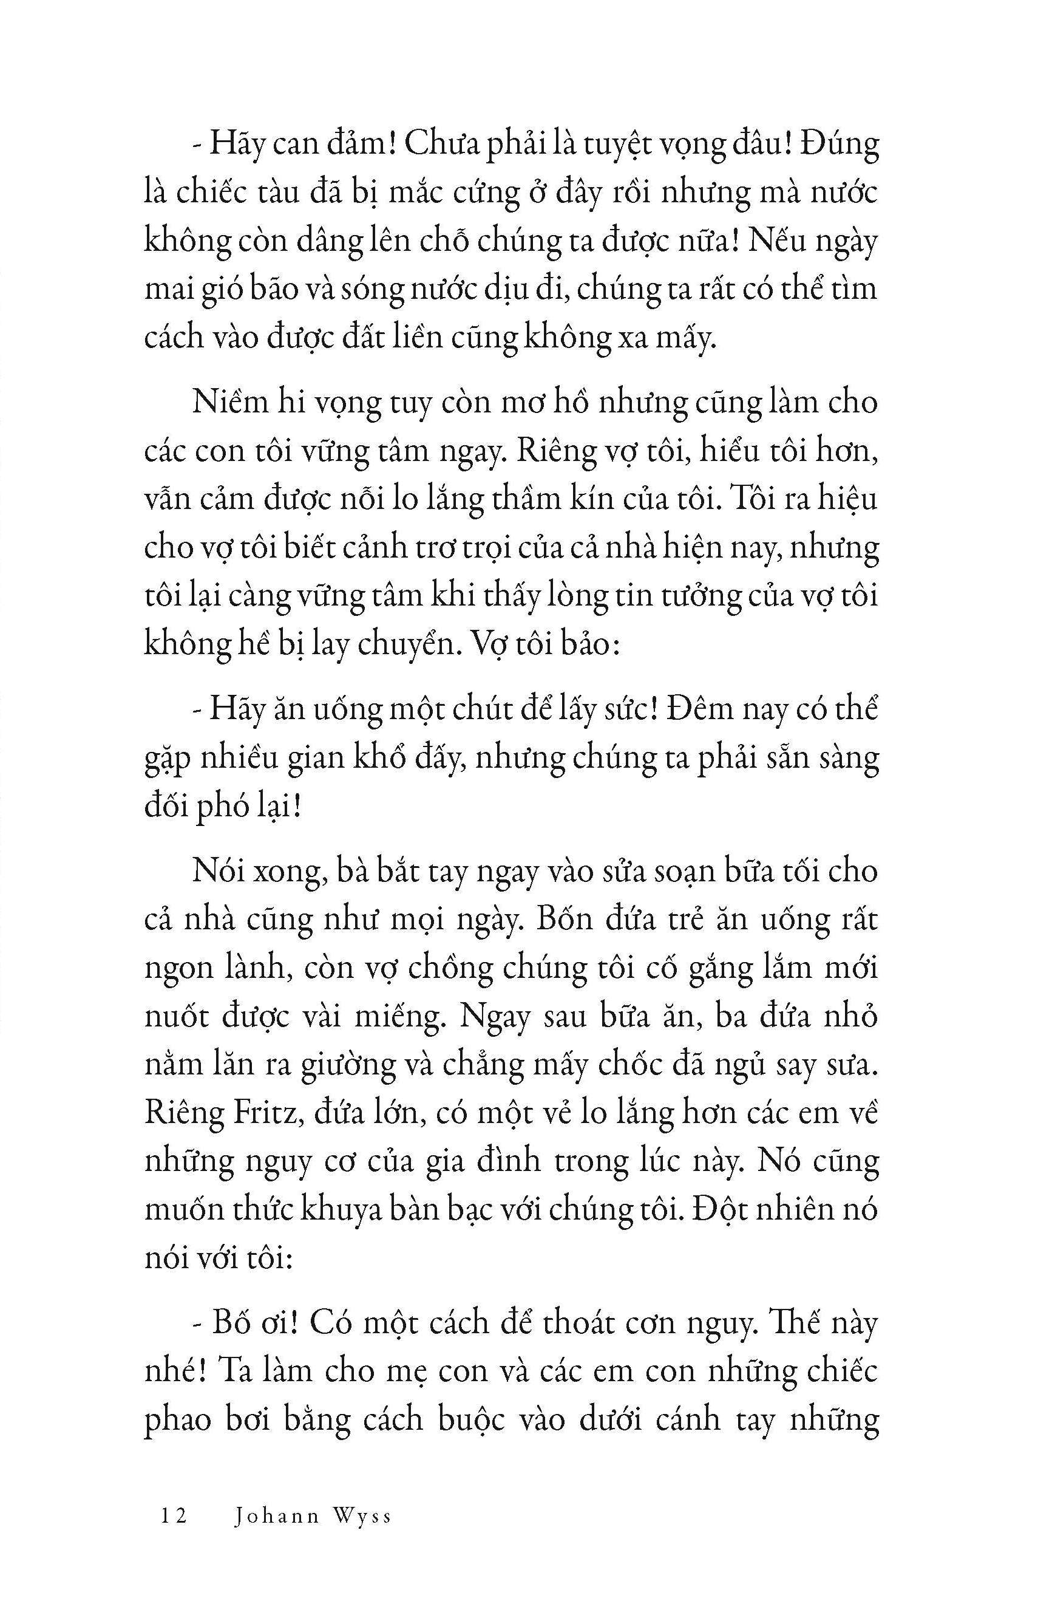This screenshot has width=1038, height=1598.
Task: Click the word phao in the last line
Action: pyautogui.click(x=177, y=1422)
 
